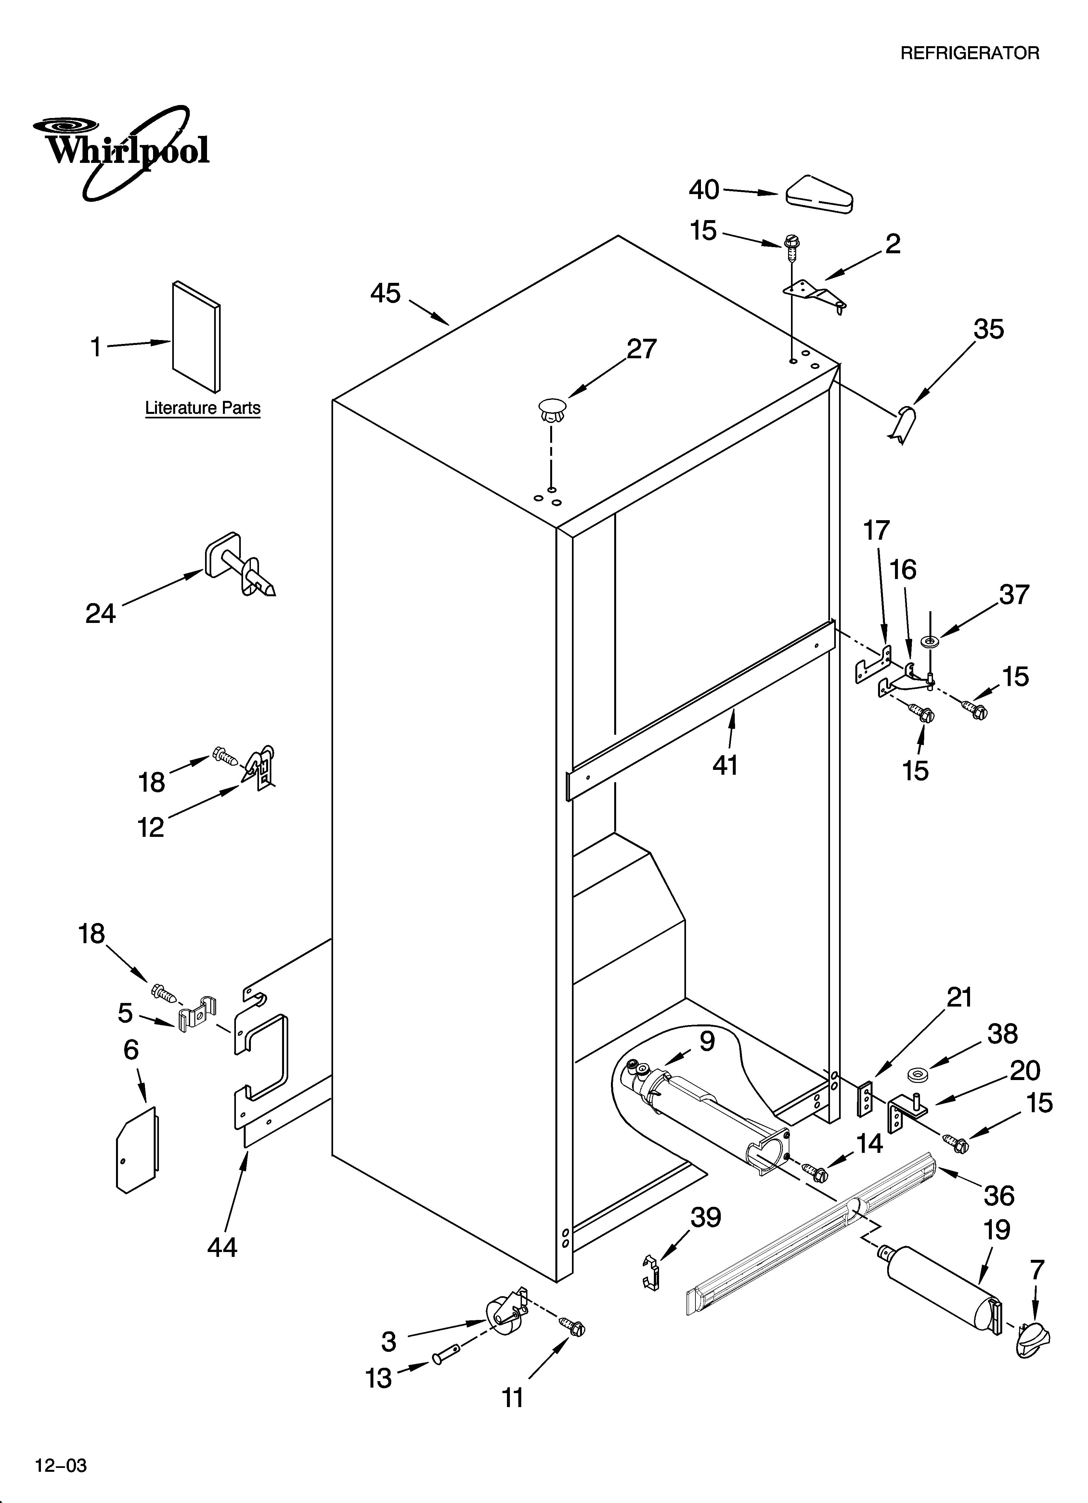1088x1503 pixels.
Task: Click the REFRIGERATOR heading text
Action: (x=969, y=54)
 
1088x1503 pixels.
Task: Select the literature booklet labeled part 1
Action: (x=196, y=336)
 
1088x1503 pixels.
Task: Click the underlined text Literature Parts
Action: (x=203, y=408)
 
